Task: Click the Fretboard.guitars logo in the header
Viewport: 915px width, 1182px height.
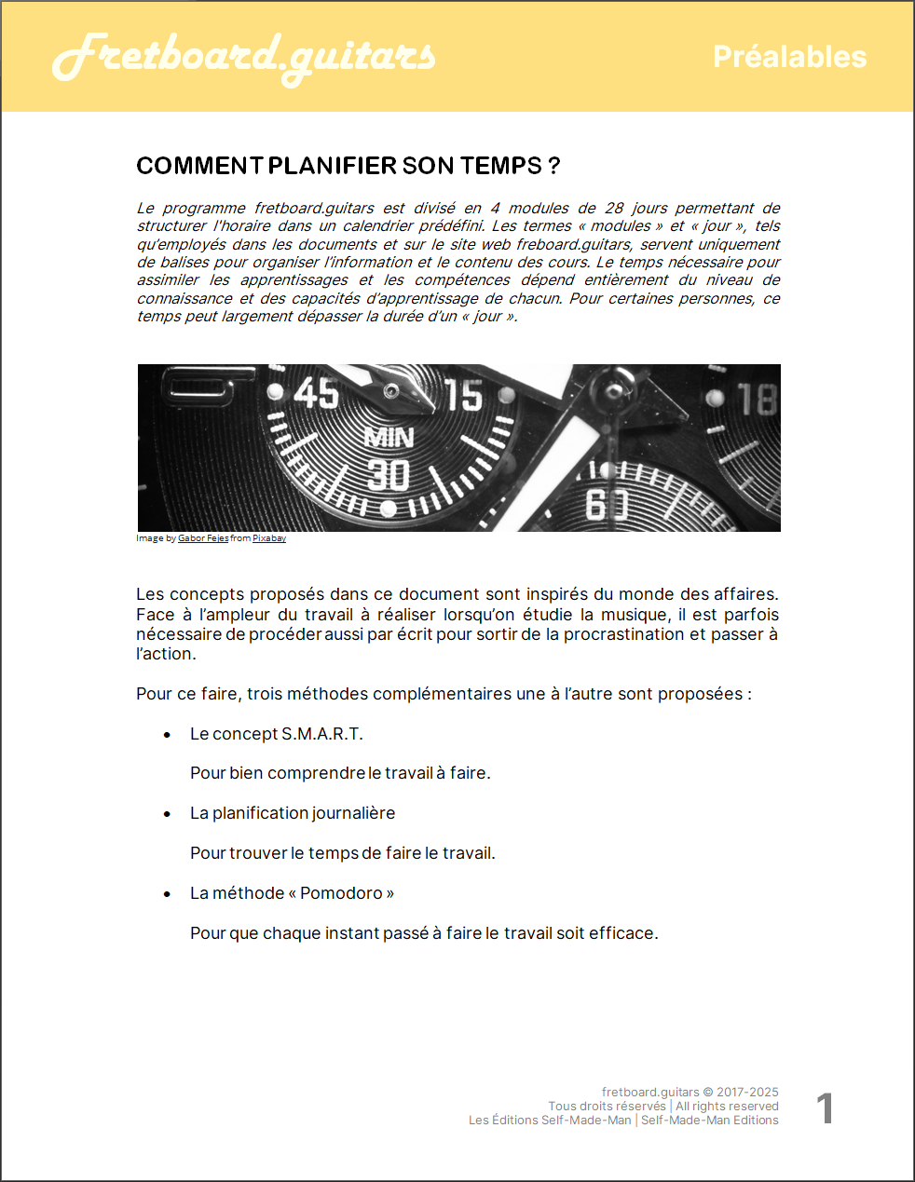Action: (x=244, y=57)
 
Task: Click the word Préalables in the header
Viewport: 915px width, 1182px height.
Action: (x=789, y=57)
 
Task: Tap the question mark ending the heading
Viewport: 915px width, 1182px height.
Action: (x=554, y=166)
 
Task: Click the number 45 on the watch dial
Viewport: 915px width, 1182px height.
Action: (x=317, y=393)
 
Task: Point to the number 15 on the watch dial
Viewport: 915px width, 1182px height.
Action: (x=463, y=396)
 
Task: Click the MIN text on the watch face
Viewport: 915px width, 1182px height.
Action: (x=389, y=437)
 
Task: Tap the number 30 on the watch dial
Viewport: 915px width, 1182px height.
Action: (x=389, y=475)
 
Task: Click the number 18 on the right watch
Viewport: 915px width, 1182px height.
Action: (x=757, y=401)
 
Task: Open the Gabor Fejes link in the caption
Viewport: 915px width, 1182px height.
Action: (x=203, y=538)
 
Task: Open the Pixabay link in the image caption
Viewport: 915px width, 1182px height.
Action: (x=269, y=538)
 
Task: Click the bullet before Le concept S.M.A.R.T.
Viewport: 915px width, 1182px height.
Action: (x=168, y=735)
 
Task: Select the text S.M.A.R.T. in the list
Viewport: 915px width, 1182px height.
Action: (x=322, y=734)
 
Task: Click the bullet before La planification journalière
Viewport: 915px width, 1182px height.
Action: (x=168, y=814)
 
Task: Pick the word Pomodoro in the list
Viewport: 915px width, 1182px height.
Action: (x=341, y=893)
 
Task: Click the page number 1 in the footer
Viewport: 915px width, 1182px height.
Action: (x=825, y=1108)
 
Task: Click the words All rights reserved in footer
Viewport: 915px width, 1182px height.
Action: (x=727, y=1107)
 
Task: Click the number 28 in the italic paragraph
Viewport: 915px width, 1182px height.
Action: (x=614, y=208)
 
